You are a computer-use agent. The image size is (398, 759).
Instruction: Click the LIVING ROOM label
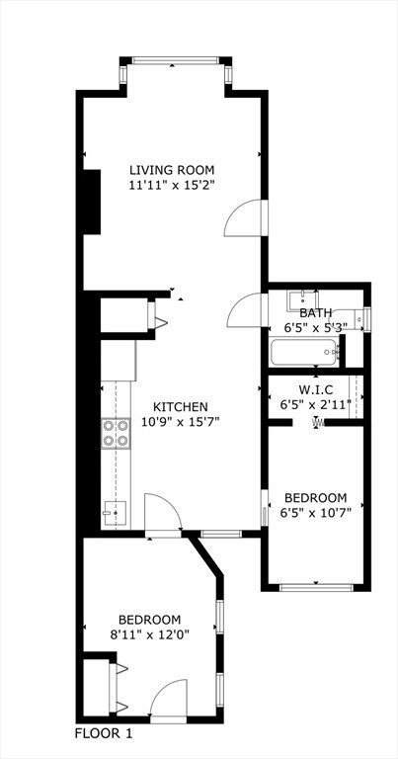tap(172, 169)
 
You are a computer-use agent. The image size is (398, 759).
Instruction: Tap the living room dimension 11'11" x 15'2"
tap(172, 184)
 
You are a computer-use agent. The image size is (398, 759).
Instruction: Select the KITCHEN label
tap(180, 406)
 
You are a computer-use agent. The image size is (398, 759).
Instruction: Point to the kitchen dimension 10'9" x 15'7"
tap(180, 421)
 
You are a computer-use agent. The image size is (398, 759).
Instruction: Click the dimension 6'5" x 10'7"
tap(316, 512)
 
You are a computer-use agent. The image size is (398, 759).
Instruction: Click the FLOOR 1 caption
tap(104, 733)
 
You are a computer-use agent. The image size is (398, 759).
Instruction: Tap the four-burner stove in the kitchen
tap(117, 433)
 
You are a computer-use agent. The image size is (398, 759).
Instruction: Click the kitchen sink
tap(117, 512)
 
